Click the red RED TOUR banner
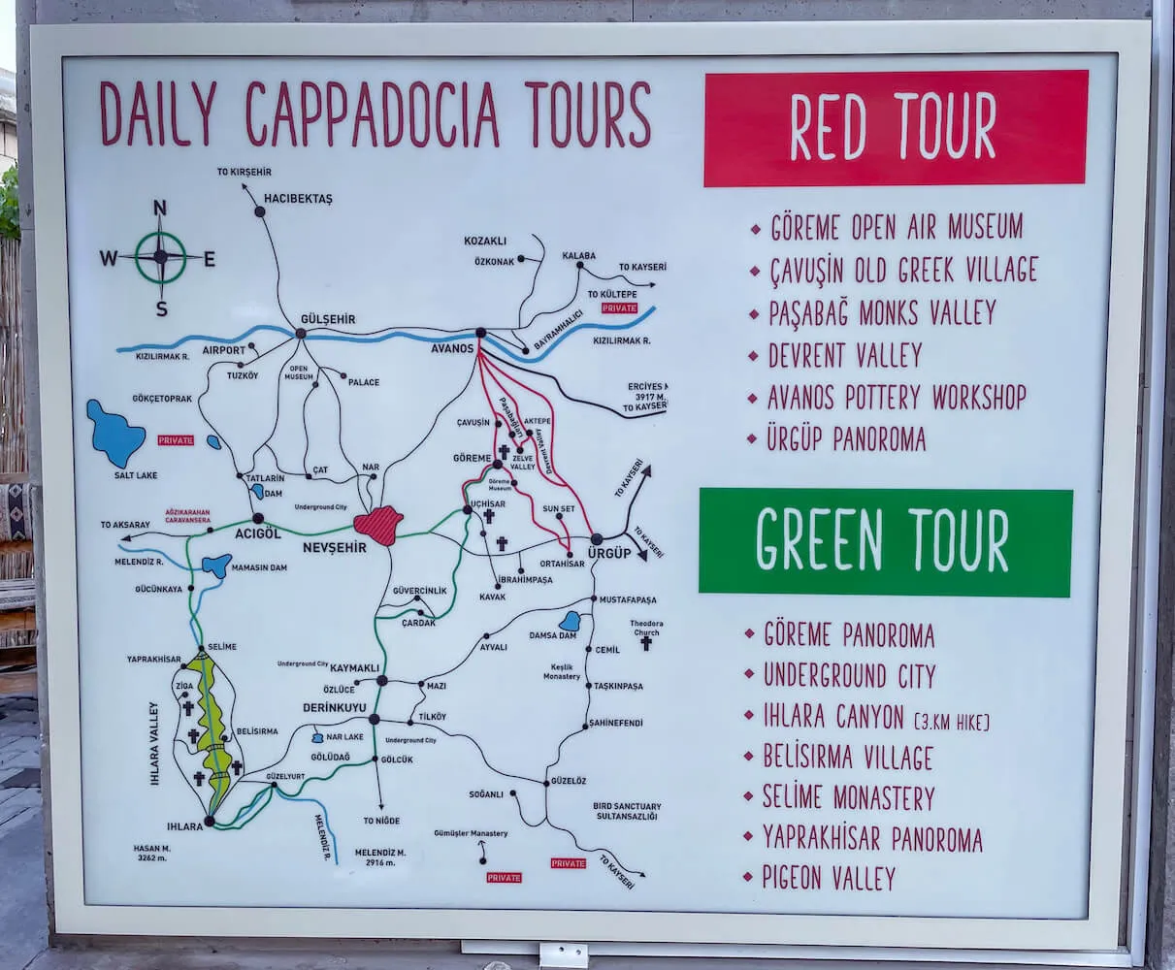pos(895,127)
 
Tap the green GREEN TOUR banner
pos(885,541)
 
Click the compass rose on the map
pos(160,257)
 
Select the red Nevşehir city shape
pos(378,525)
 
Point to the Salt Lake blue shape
pos(114,434)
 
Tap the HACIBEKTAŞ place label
pos(298,199)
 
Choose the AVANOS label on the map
pos(453,348)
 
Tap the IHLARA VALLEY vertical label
pos(153,742)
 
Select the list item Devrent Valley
pos(844,355)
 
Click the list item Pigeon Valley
pos(829,878)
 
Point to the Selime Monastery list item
pos(848,797)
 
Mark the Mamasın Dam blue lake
pos(217,565)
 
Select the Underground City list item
pos(849,675)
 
